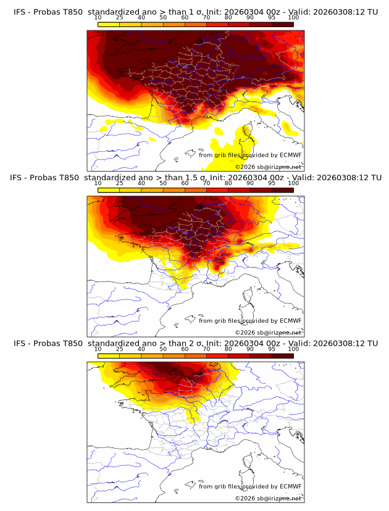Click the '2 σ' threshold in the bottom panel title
[x=190, y=343]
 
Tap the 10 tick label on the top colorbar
[x=98, y=17]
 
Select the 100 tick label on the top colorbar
[x=293, y=17]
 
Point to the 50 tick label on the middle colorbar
[x=163, y=183]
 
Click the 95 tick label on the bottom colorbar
[x=272, y=349]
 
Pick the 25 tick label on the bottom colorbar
[x=119, y=349]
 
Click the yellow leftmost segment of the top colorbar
[x=108, y=23]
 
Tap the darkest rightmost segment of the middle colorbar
[x=282, y=189]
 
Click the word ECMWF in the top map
[x=291, y=155]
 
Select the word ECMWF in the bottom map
[x=291, y=486]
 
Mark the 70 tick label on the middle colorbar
[x=206, y=183]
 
